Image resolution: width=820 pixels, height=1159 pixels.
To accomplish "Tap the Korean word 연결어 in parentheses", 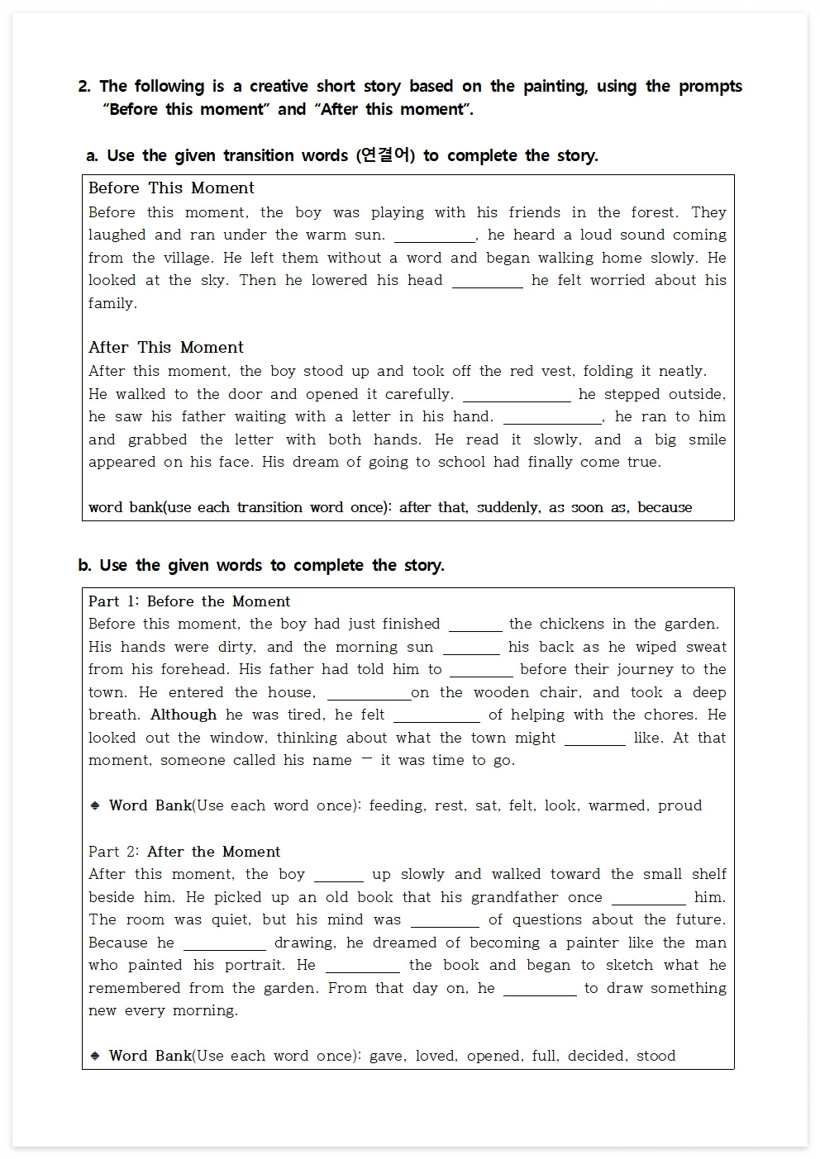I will point(386,155).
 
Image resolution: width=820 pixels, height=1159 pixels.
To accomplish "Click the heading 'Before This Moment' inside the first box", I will point(171,188).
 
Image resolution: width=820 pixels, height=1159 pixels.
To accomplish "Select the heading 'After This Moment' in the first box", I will point(166,348).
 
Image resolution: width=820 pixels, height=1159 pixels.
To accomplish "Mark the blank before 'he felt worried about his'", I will point(488,282).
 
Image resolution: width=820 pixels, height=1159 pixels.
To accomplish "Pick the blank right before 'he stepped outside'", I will point(517,396).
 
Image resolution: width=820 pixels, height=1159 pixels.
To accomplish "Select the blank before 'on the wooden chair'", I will point(369,694).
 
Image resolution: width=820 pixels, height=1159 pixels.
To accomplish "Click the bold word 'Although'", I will point(184,715).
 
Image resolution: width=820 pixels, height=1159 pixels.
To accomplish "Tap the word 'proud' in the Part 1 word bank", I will point(679,806).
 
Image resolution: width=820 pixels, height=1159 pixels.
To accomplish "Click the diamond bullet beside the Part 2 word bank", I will point(95,1056).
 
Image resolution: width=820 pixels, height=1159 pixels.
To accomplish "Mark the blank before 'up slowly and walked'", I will point(339,876).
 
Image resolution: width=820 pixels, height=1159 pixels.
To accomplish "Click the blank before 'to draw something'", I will point(540,990).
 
